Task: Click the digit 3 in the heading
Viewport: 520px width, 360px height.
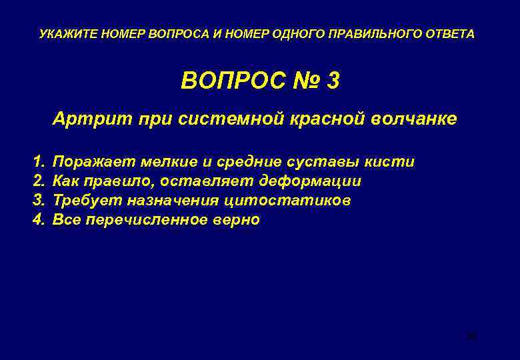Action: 333,81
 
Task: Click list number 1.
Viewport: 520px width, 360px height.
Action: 37,162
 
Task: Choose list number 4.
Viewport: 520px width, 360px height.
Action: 37,220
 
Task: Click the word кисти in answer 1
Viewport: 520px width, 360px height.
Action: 393,162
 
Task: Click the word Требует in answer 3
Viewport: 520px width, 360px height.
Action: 83,201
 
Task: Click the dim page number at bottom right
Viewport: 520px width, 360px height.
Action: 471,337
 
